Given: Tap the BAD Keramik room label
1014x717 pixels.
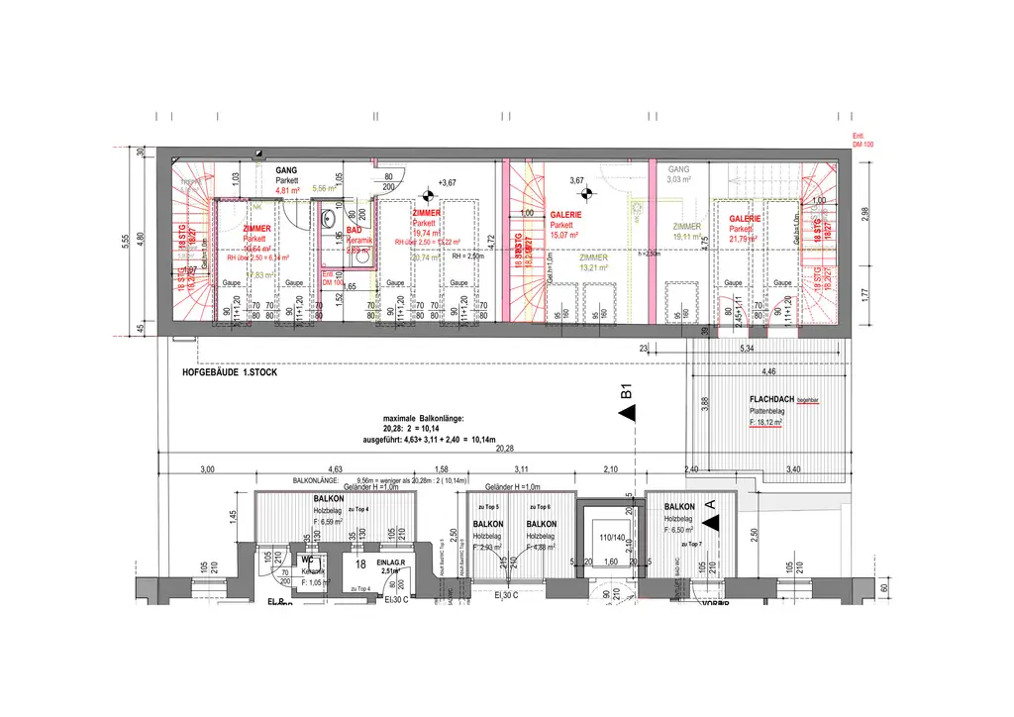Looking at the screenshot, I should click(x=357, y=234).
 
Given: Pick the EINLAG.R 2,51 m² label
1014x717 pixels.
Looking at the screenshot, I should click(x=388, y=565).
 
